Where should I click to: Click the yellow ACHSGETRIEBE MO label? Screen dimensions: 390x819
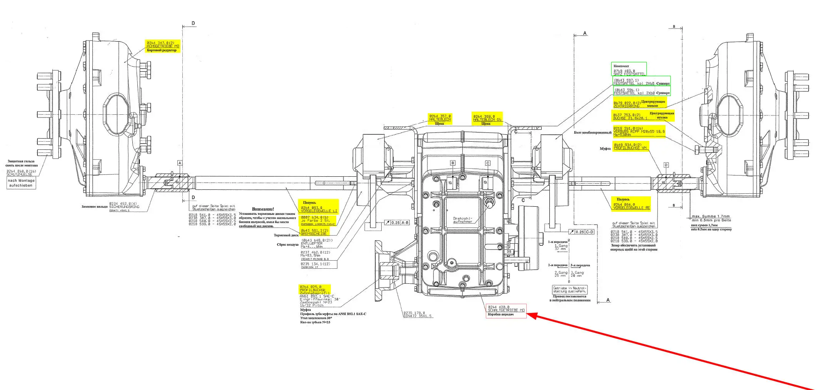click(x=163, y=46)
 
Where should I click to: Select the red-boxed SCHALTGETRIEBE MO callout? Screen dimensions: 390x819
click(x=506, y=310)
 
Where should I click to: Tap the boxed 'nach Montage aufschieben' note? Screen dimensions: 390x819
click(x=21, y=183)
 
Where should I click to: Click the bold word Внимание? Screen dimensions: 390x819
click(x=263, y=209)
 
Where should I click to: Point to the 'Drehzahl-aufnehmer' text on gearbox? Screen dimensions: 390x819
click(x=462, y=220)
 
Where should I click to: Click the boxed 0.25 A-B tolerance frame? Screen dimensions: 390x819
click(x=397, y=223)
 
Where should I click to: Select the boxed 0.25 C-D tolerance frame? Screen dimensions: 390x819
click(x=582, y=232)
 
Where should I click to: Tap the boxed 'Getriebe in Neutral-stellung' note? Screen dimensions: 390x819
click(x=570, y=290)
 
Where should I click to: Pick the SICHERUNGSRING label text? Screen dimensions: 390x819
click(x=124, y=207)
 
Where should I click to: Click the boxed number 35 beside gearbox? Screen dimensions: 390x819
click(x=509, y=251)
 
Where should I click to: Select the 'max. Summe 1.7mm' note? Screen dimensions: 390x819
click(x=711, y=216)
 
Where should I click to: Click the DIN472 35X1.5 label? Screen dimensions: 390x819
click(x=417, y=316)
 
